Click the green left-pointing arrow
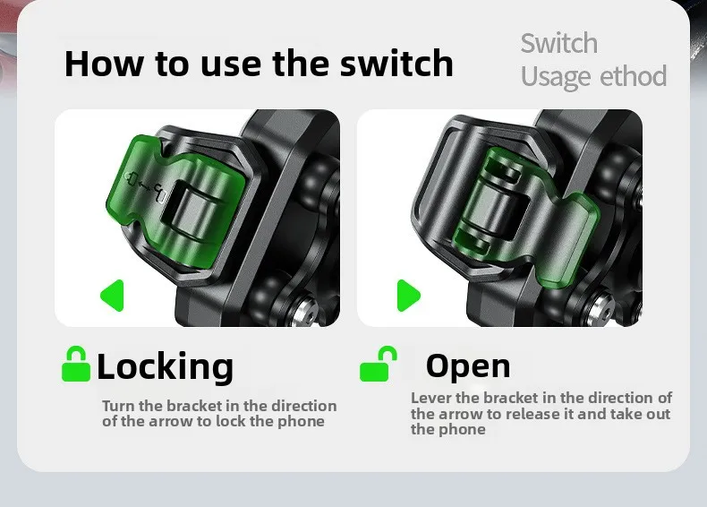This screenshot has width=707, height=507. coord(112,296)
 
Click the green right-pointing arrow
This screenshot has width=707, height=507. coord(408,296)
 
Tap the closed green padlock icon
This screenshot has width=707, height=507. coord(76,364)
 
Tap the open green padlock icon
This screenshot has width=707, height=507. coord(379,364)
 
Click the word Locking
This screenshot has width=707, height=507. coord(165,366)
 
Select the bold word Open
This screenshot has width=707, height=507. coord(468,366)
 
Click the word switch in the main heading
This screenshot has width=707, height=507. coord(396,64)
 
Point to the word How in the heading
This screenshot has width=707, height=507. coord(102,64)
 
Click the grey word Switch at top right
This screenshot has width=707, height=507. coord(559,43)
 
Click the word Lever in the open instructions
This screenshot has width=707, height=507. coord(430,398)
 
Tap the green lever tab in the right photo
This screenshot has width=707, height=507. coord(569,239)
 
